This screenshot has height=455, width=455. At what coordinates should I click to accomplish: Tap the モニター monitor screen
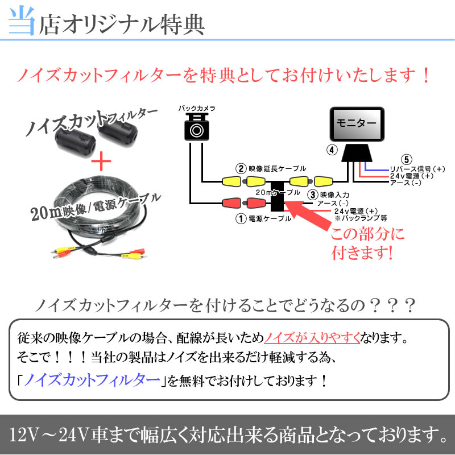tap(357, 123)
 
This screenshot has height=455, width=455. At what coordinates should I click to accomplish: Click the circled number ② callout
tap(241, 168)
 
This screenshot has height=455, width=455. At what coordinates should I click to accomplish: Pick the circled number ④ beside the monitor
tap(332, 150)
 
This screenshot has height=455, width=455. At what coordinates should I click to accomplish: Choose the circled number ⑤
tap(404, 159)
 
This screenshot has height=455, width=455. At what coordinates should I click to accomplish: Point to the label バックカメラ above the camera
tap(197, 107)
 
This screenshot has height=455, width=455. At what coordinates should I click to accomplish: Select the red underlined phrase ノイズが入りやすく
tap(313, 339)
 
